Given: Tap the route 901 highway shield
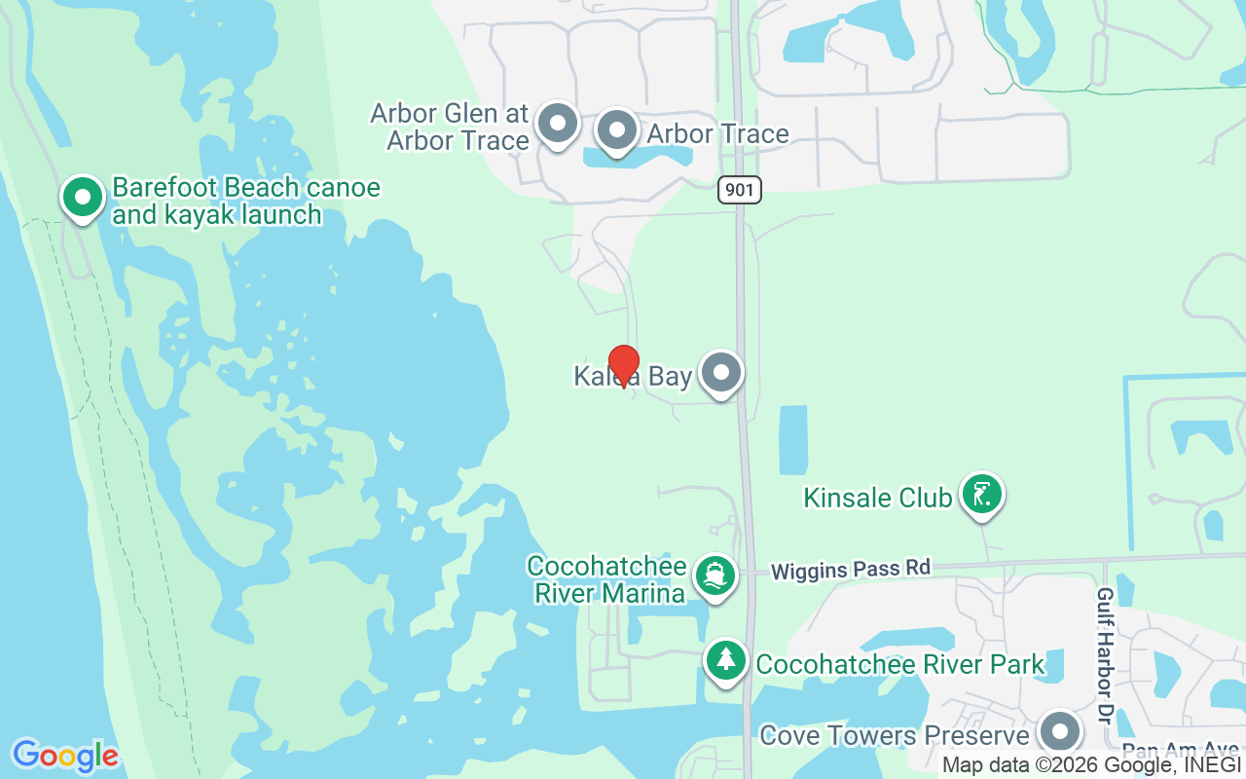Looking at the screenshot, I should (740, 189).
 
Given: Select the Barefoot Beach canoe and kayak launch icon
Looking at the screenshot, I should (83, 197).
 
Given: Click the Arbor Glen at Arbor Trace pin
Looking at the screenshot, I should (558, 124).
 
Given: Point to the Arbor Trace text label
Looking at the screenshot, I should (717, 134).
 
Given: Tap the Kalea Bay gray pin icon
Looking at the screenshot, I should (721, 373).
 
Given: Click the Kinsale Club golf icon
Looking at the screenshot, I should (981, 495).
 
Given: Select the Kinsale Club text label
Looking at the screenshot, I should (877, 498).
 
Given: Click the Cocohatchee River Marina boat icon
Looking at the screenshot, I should (716, 576).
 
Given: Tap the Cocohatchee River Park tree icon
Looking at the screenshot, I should (725, 661).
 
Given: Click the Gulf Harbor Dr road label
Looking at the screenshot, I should (1104, 643).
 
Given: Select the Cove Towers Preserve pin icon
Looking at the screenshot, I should (1059, 731).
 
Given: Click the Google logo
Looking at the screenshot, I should (65, 756).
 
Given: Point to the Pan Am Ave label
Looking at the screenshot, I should (1180, 751).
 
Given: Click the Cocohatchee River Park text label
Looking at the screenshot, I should (899, 665).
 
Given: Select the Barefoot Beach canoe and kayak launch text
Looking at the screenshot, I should (245, 201).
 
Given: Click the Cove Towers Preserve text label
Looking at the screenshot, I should (894, 735).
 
